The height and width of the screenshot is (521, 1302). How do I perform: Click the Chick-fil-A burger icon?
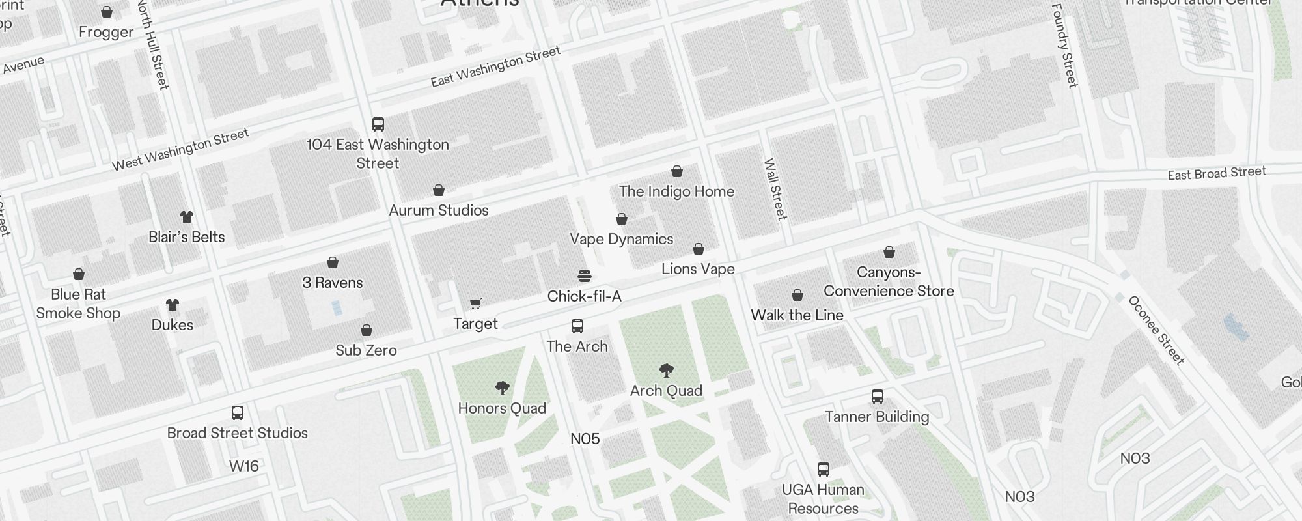tap(585, 276)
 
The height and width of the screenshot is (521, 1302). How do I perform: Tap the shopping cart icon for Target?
tap(476, 304)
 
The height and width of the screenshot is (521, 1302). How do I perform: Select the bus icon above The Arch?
tap(577, 326)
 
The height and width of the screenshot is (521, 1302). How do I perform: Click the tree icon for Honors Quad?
tap(502, 389)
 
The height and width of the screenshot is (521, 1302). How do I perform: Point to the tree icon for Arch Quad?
tap(666, 371)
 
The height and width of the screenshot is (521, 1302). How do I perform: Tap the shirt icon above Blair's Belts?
tap(187, 217)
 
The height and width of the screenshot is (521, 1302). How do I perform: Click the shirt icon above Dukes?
tap(173, 305)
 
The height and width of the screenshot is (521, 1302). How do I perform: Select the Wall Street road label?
tap(775, 190)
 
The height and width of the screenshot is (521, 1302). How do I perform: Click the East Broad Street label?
tap(1216, 173)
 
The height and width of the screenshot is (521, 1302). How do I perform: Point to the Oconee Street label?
tap(1156, 330)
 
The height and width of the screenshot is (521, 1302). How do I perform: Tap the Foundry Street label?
tap(1064, 46)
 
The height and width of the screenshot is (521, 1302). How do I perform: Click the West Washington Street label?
tap(180, 150)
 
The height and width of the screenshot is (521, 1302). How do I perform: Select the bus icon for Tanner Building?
tap(878, 397)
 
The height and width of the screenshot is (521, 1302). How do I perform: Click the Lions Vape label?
tap(698, 269)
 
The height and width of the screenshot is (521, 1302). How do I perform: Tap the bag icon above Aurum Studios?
tap(439, 191)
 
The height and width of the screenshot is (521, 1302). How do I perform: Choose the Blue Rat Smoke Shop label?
tap(78, 303)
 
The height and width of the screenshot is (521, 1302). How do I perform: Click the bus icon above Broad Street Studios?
tap(238, 413)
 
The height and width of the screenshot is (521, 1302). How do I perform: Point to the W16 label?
tap(244, 466)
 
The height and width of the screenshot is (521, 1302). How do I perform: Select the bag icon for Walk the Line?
tap(797, 296)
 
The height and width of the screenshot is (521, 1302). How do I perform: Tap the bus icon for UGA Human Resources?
tap(824, 470)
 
